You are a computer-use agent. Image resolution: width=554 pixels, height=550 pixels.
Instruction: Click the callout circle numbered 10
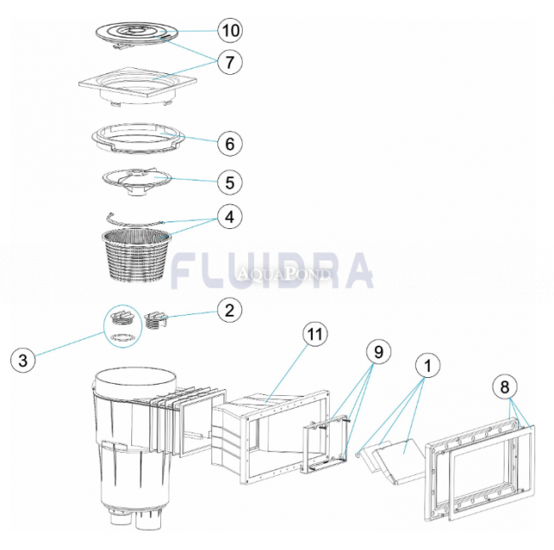pyautogui.click(x=228, y=32)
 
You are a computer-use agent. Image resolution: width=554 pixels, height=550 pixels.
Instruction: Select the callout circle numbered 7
pyautogui.click(x=228, y=61)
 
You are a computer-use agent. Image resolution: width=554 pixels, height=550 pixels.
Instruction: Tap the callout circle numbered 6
pyautogui.click(x=228, y=142)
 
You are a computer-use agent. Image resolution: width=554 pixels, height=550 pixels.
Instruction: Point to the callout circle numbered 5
pyautogui.click(x=228, y=181)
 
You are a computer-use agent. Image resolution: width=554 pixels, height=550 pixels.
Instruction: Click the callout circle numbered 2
pyautogui.click(x=228, y=311)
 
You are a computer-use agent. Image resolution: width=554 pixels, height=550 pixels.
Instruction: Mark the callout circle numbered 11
pyautogui.click(x=316, y=335)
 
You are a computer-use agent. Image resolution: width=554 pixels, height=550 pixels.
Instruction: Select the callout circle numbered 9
pyautogui.click(x=377, y=350)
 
